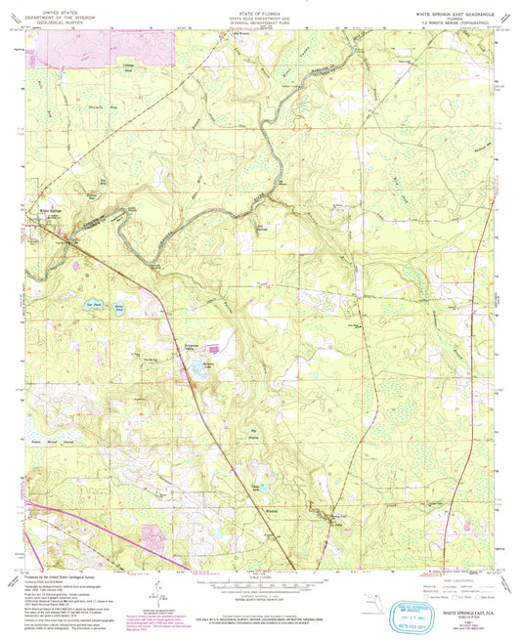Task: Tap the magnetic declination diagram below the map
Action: click(x=156, y=590)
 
